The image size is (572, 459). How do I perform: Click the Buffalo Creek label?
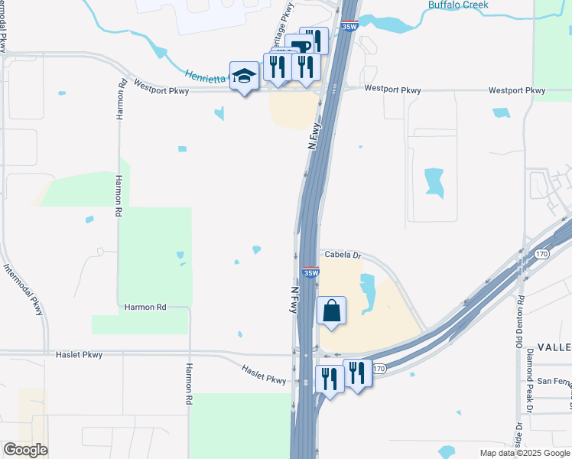click(x=458, y=5)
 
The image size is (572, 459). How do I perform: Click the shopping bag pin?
click(x=332, y=311)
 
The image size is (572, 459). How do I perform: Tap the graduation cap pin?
click(x=244, y=76)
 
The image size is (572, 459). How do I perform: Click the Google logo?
click(x=25, y=450)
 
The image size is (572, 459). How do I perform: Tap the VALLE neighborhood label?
click(x=554, y=346)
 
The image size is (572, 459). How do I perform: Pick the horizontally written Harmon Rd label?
click(x=145, y=307)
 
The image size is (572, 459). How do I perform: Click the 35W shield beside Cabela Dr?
click(x=310, y=272)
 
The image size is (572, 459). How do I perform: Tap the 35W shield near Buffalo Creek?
click(x=349, y=25)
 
